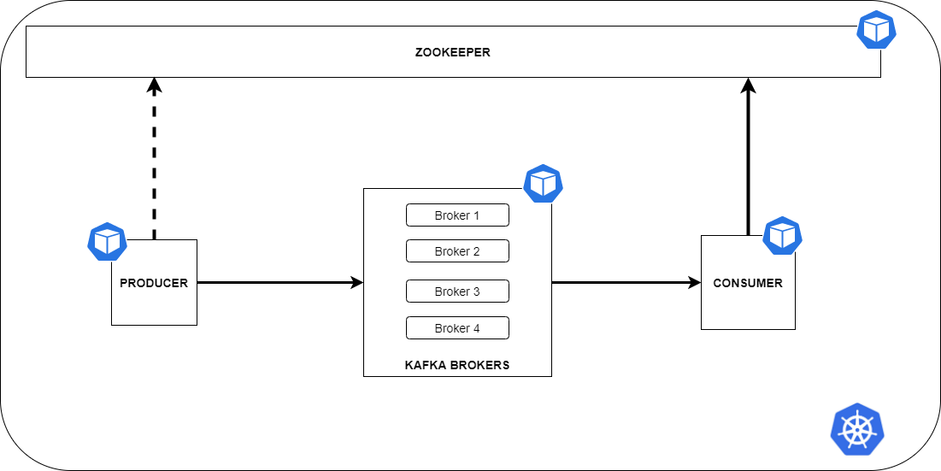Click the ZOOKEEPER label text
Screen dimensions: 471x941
click(x=452, y=52)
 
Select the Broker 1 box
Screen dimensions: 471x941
click(x=457, y=215)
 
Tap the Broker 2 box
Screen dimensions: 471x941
click(x=457, y=251)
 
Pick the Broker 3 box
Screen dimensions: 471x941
click(x=457, y=291)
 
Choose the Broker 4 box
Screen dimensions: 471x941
click(x=457, y=328)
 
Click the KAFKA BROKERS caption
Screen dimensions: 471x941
click(x=457, y=365)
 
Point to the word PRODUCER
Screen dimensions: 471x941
click(x=154, y=283)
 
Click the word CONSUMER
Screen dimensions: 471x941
click(x=748, y=283)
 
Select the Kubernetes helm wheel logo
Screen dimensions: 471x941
click(x=856, y=429)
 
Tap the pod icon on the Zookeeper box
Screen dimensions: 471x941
click(x=877, y=30)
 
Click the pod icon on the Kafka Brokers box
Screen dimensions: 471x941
click(x=543, y=183)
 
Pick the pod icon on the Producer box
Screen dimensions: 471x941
click(x=108, y=242)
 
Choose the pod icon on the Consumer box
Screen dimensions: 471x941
click(x=782, y=236)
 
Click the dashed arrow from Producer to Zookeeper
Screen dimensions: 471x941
click(x=154, y=162)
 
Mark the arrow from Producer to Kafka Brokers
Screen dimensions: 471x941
click(x=273, y=282)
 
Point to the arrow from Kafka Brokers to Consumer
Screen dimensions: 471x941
click(x=620, y=282)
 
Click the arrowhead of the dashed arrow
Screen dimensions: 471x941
click(x=154, y=85)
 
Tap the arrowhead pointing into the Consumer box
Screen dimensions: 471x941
click(x=695, y=282)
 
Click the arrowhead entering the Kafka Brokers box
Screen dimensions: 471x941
click(x=357, y=282)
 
